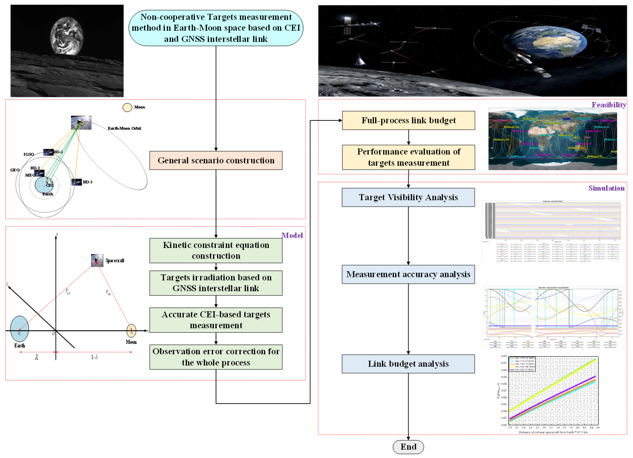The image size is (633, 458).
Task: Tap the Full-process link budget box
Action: [x=408, y=120]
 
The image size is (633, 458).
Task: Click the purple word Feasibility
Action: [x=609, y=105]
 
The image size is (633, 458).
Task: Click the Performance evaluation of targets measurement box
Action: [x=408, y=157]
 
